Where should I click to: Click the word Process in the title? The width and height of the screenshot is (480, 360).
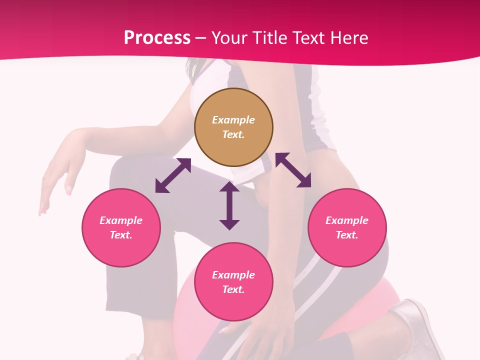[x=157, y=38]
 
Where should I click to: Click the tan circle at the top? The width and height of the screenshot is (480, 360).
[x=233, y=127]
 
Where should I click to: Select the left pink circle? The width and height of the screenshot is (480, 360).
[x=121, y=227]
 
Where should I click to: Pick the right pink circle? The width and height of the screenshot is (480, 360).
[x=347, y=227]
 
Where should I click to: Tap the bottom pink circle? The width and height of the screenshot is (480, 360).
[x=233, y=282]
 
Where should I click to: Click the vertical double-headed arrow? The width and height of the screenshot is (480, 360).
[x=229, y=206]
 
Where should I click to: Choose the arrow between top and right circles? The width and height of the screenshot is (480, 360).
[x=293, y=170]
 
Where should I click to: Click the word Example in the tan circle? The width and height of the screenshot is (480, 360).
[x=233, y=120]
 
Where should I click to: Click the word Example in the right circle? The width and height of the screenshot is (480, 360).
[x=347, y=220]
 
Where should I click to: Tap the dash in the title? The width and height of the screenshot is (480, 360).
[x=200, y=38]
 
